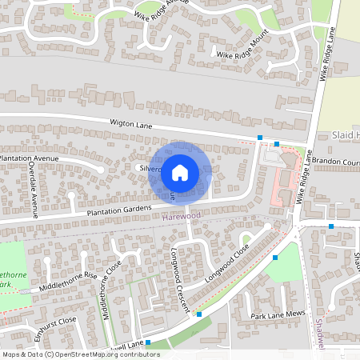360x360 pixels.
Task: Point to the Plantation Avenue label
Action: click(31, 158)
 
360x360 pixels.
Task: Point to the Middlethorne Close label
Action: click(110, 290)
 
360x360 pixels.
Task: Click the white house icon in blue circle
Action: click(181, 171)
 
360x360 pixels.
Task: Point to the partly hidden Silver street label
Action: click(150, 170)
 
